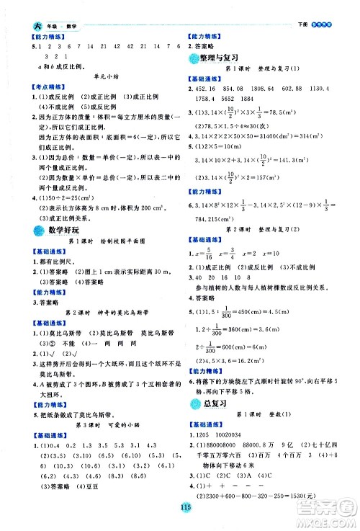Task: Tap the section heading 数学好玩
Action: pyautogui.click(x=58, y=230)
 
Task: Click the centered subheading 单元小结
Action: pyautogui.click(x=99, y=75)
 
